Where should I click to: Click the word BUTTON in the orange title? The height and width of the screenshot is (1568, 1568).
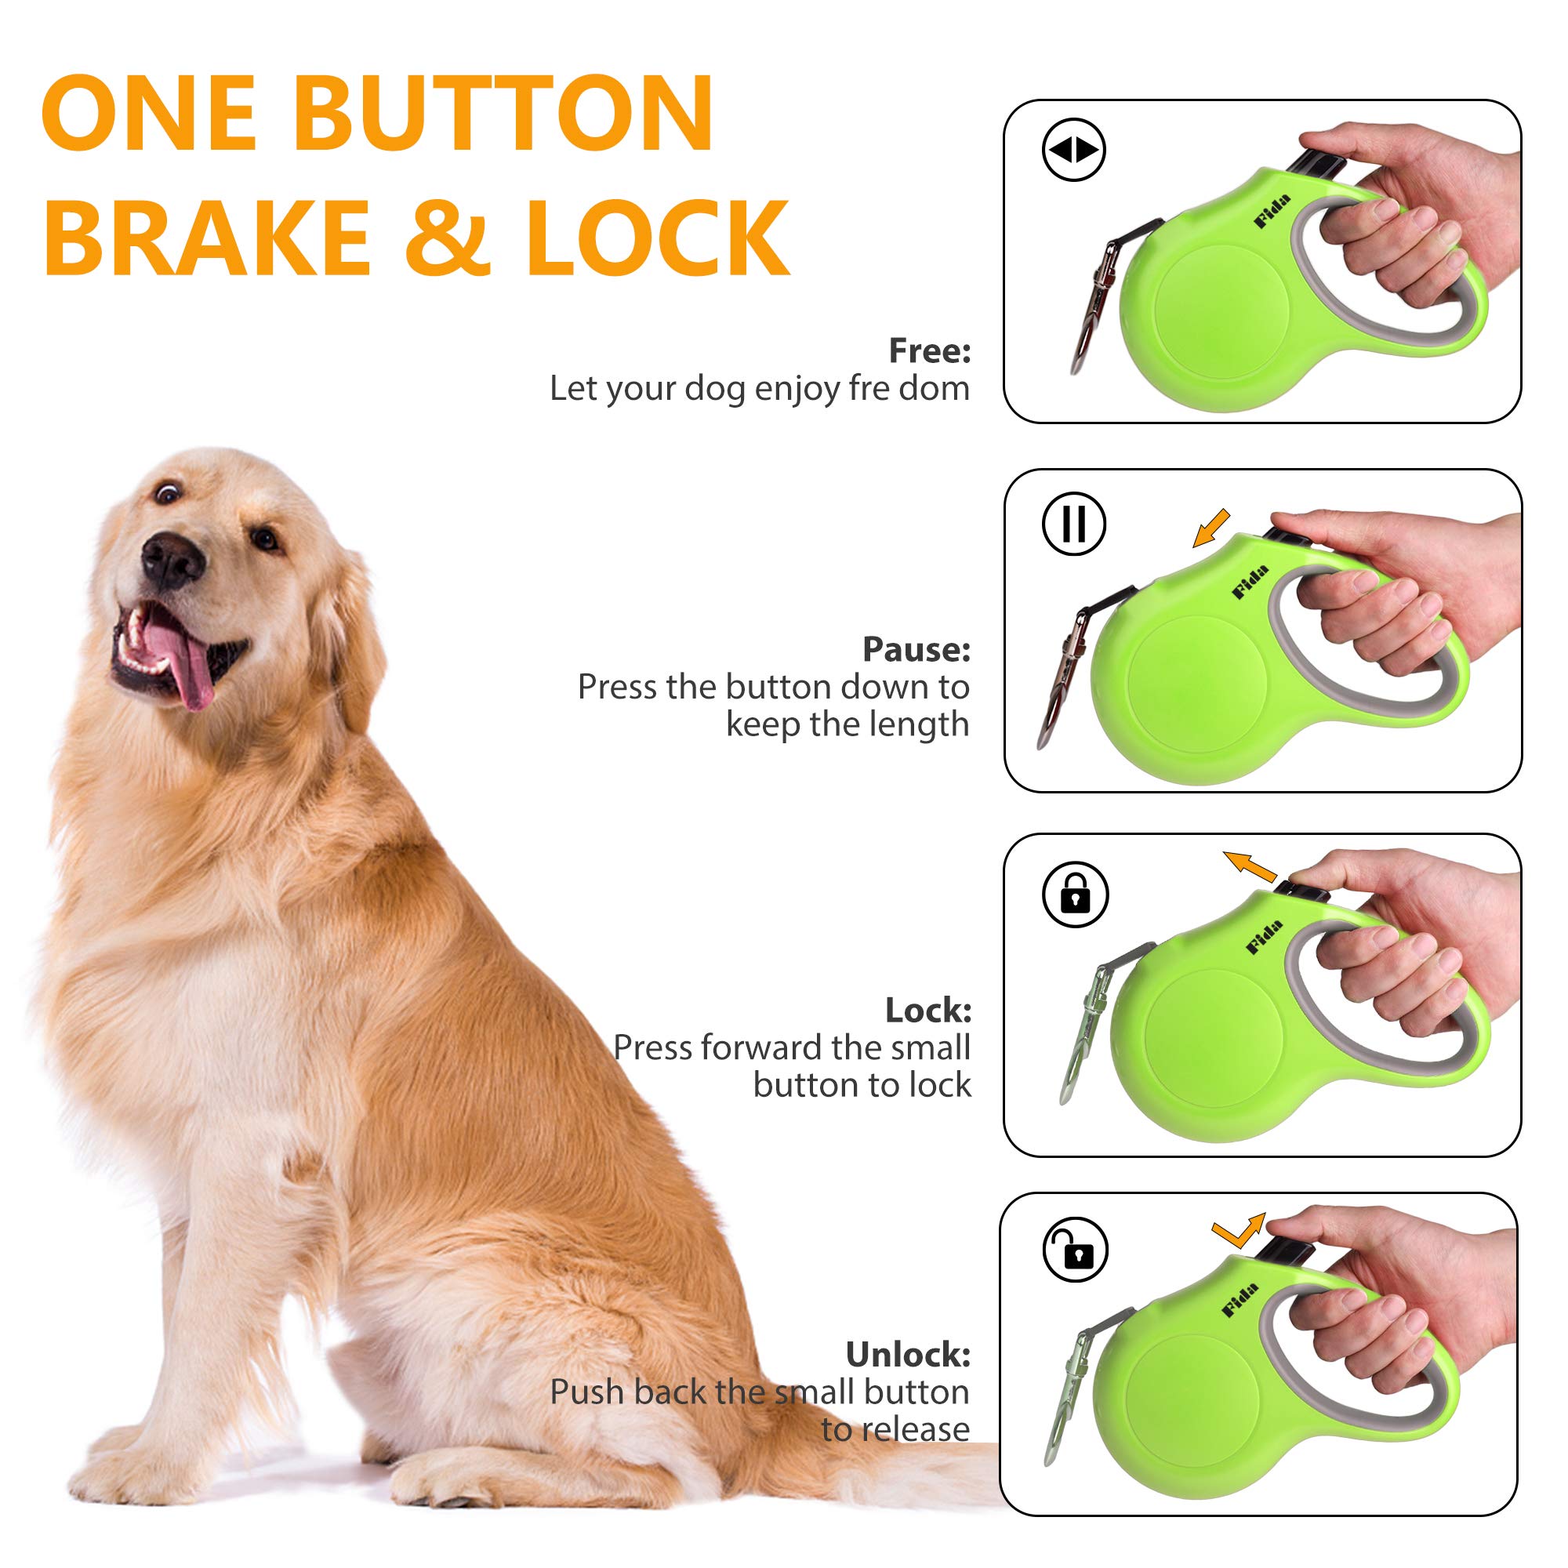click(x=503, y=114)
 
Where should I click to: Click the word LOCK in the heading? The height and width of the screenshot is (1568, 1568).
click(x=658, y=237)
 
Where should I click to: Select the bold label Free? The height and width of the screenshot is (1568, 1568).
click(x=929, y=350)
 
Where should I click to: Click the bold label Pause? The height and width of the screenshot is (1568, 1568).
click(x=916, y=649)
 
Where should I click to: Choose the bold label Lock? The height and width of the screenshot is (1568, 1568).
click(x=927, y=1011)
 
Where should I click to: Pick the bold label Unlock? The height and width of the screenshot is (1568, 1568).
click(x=907, y=1355)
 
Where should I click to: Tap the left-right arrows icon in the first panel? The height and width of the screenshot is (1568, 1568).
click(x=1074, y=151)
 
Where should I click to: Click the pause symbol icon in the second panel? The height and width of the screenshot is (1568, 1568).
click(x=1074, y=524)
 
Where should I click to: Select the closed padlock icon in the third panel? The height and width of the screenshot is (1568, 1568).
click(x=1076, y=895)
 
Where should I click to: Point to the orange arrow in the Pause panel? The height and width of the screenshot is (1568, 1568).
click(x=1212, y=528)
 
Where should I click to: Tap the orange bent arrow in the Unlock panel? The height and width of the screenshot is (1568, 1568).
click(x=1238, y=1232)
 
